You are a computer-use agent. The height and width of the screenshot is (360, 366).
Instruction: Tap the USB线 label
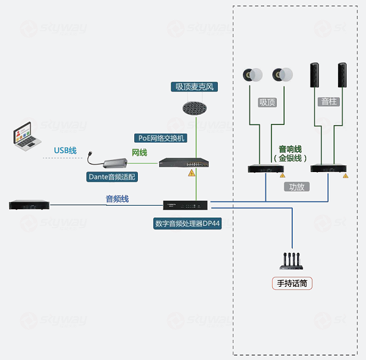[65, 150]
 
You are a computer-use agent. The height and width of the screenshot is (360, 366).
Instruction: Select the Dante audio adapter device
[112, 163]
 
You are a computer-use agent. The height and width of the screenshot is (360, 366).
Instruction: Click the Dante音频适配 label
[113, 177]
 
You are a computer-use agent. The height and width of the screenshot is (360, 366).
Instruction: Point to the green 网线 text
[140, 152]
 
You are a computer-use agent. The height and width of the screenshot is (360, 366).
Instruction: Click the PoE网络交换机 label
[160, 138]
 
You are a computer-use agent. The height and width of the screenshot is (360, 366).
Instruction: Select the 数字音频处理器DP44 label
[187, 223]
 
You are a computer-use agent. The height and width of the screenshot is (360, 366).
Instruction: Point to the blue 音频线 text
[117, 199]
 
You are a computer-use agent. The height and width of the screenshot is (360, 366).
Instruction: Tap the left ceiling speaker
[249, 74]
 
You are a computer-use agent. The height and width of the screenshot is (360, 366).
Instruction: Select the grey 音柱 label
[329, 101]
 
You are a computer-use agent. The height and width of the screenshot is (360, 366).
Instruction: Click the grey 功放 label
[297, 187]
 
